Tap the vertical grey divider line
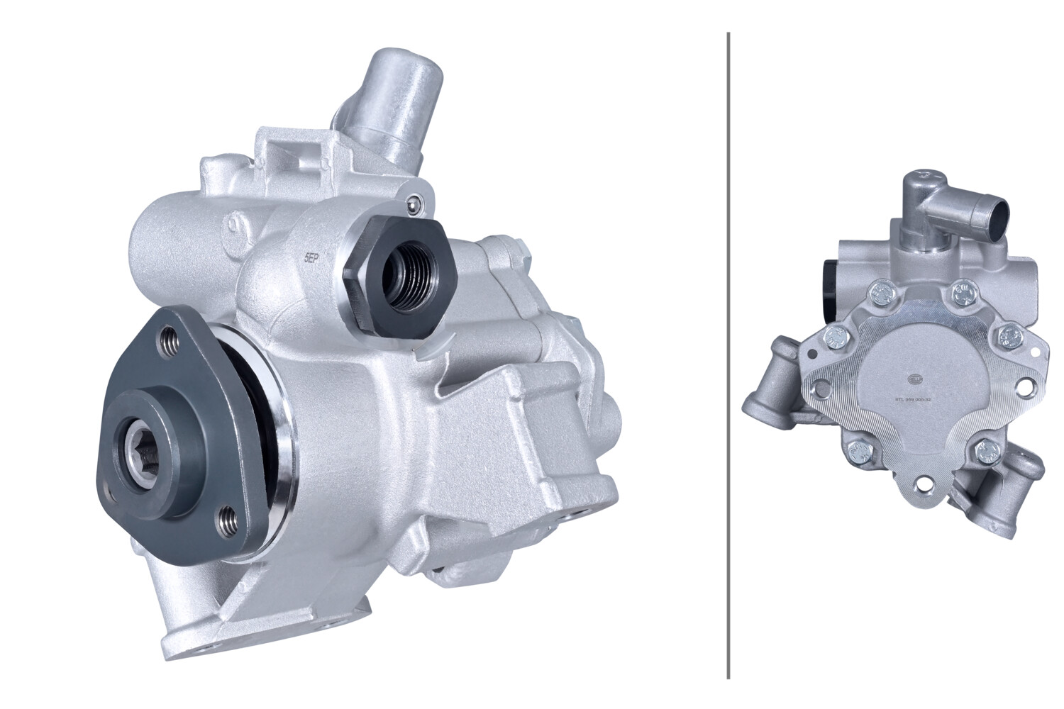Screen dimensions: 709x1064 click(x=728, y=354)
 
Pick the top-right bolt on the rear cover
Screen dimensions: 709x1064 click(x=961, y=290)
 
